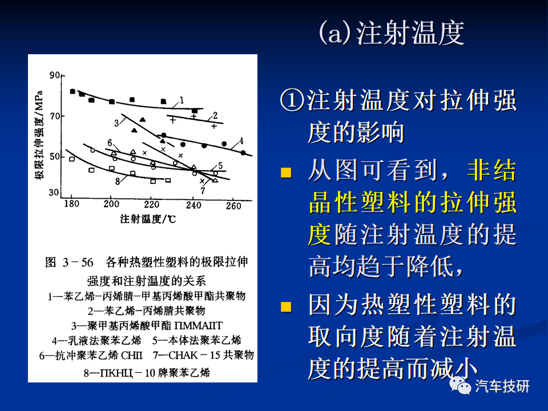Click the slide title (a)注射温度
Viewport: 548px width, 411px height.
point(392,33)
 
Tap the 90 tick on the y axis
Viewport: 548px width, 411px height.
point(55,75)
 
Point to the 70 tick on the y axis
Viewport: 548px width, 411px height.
point(55,116)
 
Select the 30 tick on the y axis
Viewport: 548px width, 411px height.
point(54,192)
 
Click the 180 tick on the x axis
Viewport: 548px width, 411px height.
point(71,204)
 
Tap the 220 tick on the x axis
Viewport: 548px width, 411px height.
point(152,204)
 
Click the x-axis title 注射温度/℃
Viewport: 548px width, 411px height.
point(148,219)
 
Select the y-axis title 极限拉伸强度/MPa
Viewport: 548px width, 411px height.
point(39,135)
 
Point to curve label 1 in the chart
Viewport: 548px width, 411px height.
point(182,100)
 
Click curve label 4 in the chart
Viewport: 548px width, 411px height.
point(241,141)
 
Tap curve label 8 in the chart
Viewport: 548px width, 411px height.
point(118,181)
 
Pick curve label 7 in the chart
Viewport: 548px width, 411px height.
point(203,191)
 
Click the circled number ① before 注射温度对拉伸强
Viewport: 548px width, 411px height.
point(292,100)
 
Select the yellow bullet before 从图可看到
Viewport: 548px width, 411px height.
point(286,172)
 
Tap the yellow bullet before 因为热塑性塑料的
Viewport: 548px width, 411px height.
point(286,307)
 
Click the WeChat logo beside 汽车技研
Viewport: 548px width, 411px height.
point(460,385)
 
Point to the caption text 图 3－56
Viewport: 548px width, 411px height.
point(69,262)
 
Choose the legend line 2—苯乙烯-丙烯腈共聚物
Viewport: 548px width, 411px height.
point(147,311)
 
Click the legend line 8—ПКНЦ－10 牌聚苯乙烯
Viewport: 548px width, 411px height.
point(147,373)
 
